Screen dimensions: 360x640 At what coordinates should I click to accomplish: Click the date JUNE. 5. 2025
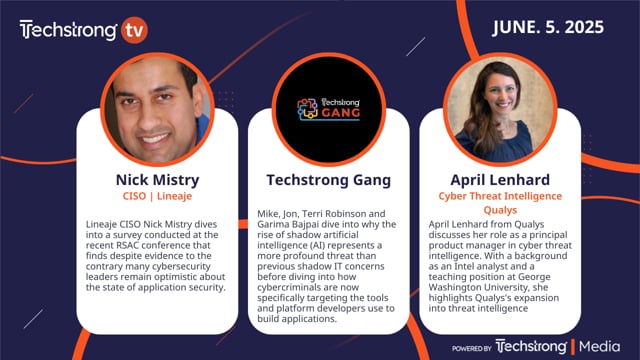[x=550, y=28]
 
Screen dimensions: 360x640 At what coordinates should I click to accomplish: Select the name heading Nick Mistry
[x=157, y=180]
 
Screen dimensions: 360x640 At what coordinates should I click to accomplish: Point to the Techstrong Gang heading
[x=320, y=180]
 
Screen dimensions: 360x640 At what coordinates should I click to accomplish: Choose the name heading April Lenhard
[x=483, y=180]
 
